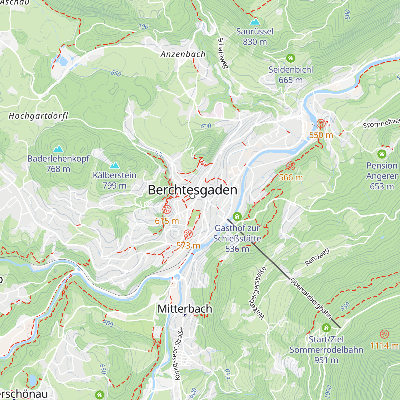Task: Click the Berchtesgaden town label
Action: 192,190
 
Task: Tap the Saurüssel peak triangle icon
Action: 255,22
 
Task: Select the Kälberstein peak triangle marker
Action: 115,166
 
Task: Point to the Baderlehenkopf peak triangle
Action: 59,149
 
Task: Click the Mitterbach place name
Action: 185,309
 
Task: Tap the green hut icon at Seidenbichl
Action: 291,58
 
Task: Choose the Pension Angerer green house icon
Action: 382,154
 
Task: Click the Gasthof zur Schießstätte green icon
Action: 237,217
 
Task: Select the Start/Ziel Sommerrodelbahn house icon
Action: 326,328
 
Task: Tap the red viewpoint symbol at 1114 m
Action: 384,334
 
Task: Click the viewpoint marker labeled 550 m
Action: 321,124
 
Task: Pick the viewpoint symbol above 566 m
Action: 291,166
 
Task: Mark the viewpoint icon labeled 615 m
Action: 167,210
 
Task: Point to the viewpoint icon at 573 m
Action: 188,234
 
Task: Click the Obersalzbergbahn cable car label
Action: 311,299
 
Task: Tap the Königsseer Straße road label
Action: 179,353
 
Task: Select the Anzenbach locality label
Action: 183,54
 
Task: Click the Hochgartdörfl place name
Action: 38,116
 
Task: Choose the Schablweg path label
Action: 222,53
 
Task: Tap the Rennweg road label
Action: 317,257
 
